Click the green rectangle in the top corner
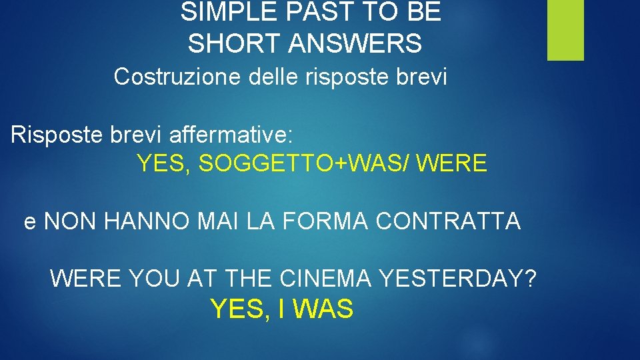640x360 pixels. (x=565, y=30)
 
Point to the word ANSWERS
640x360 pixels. (x=356, y=44)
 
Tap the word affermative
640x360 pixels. (x=231, y=135)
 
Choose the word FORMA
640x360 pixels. (x=316, y=221)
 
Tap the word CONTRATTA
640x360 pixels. (x=448, y=221)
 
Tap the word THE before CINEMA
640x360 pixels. (x=251, y=278)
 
